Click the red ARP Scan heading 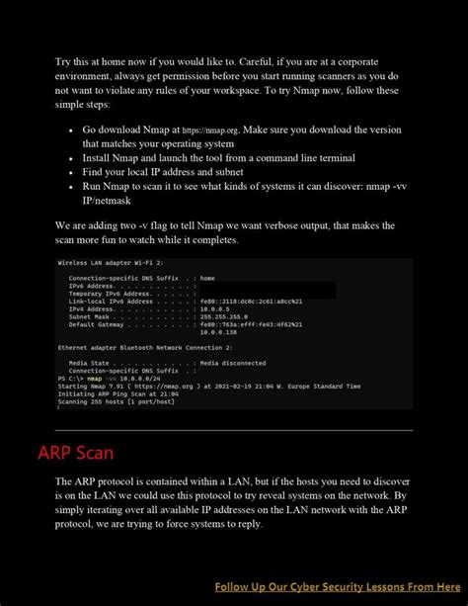click(76, 454)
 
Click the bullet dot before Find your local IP click(71, 172)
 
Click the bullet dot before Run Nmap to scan click(71, 186)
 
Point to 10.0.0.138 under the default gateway click(219, 333)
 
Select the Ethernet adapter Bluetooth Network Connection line click(145, 348)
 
